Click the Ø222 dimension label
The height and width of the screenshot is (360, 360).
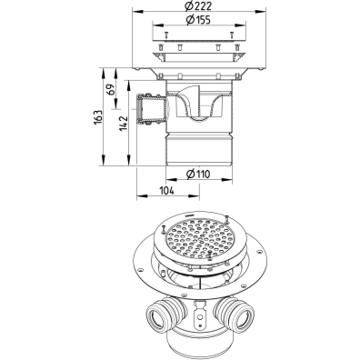pyautogui.click(x=198, y=6)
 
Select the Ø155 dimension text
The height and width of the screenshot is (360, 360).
pyautogui.click(x=198, y=20)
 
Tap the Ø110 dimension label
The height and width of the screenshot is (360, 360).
pyautogui.click(x=198, y=174)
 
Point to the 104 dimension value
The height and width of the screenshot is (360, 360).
pyautogui.click(x=167, y=191)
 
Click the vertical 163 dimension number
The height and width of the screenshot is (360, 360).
pyautogui.click(x=98, y=118)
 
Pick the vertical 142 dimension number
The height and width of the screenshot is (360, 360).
pyautogui.click(x=123, y=123)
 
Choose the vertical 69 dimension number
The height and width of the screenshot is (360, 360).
pyautogui.click(x=111, y=90)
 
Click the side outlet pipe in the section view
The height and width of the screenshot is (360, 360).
pyautogui.click(x=151, y=109)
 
